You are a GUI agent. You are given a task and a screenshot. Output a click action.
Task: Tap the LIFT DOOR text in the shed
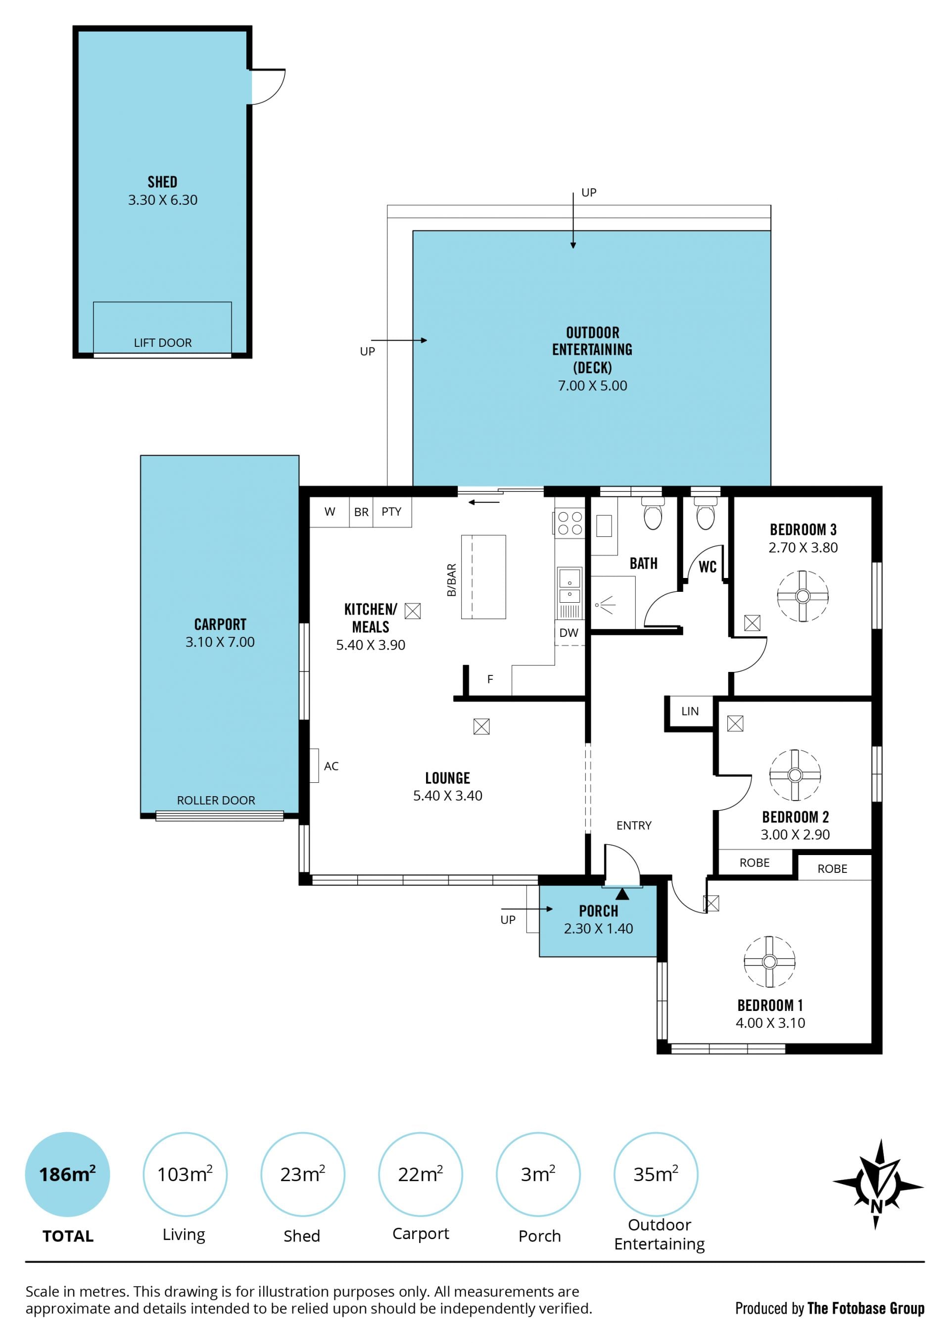tap(163, 343)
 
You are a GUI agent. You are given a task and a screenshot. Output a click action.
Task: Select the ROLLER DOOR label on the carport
tap(216, 800)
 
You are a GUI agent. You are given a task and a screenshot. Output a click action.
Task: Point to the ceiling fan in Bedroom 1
tap(769, 961)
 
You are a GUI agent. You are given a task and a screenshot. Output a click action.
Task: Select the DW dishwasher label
tap(569, 632)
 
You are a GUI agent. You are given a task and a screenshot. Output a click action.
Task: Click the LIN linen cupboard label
tap(690, 711)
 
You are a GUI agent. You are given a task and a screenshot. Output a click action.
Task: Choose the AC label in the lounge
tap(331, 766)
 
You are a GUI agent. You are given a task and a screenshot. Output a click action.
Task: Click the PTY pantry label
tap(391, 512)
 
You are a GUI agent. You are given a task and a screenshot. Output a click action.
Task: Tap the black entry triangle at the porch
tap(622, 894)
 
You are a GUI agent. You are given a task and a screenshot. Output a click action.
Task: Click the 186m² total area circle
tap(67, 1174)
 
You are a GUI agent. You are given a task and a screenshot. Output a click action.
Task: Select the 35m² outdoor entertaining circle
tap(656, 1174)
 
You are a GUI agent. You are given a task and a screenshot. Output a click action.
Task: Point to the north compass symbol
tap(877, 1185)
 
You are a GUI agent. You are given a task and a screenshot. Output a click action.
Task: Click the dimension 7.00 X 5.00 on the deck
tap(592, 385)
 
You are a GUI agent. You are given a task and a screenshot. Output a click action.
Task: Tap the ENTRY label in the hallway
tap(633, 825)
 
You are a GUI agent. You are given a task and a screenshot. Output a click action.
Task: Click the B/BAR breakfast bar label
tap(451, 579)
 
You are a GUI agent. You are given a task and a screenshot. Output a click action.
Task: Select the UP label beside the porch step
tap(508, 919)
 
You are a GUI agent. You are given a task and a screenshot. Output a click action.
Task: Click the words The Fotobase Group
tap(866, 1308)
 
